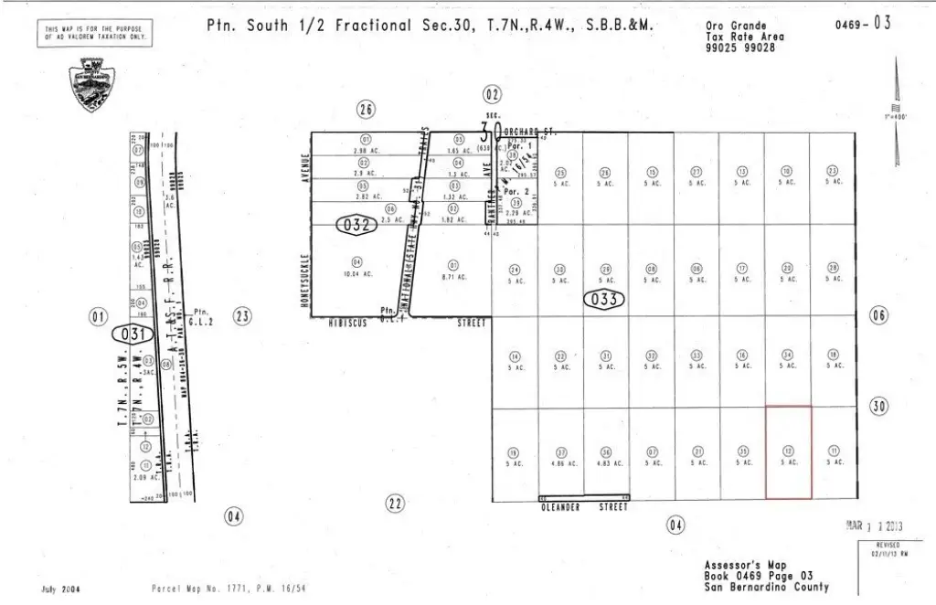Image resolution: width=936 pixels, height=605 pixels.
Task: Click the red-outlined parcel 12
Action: [788, 453]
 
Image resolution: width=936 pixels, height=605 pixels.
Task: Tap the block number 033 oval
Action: [604, 299]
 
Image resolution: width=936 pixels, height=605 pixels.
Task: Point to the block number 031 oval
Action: [131, 334]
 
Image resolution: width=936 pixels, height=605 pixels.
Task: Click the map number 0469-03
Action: [861, 24]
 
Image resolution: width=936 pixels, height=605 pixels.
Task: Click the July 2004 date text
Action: [62, 589]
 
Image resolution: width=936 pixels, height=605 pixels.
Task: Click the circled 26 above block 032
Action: [367, 111]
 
